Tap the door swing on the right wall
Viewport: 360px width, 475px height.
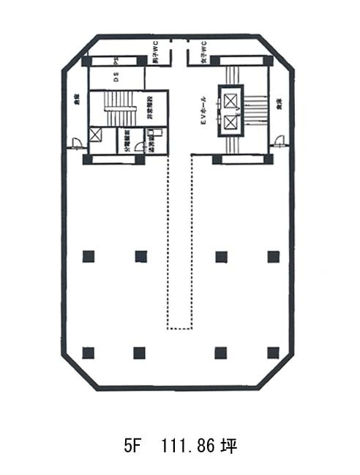(x=280, y=141)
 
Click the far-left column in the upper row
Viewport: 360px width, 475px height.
(x=89, y=255)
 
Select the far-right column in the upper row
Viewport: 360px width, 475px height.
(x=274, y=255)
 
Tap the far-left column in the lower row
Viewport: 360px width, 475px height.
(x=89, y=353)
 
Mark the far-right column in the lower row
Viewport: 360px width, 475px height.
(x=274, y=353)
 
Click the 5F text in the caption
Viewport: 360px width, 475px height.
(x=131, y=445)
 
